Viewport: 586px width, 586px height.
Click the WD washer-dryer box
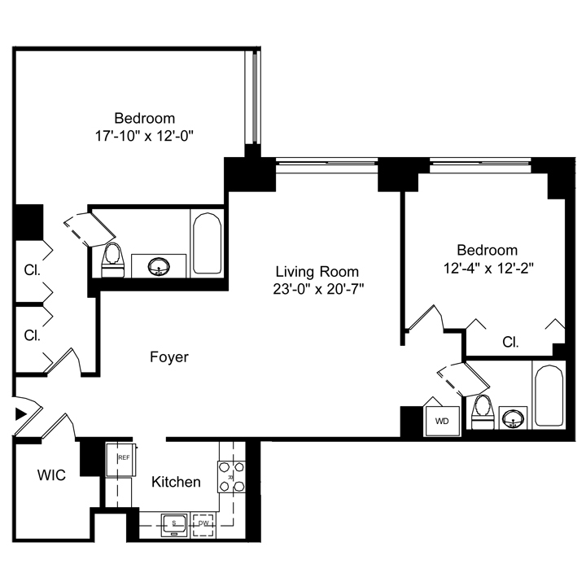[443, 421]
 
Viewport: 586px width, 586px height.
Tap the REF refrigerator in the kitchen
[121, 459]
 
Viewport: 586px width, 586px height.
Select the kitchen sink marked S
[174, 525]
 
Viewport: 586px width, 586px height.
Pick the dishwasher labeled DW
[203, 525]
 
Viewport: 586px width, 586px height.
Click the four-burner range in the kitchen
[231, 476]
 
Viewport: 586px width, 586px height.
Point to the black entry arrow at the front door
[21, 413]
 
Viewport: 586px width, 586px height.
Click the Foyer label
[169, 357]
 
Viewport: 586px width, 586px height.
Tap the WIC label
[51, 475]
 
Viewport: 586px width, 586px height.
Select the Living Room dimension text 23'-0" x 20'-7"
[318, 289]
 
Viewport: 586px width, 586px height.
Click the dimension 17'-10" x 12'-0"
[144, 136]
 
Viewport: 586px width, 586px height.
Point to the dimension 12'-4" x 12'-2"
[488, 268]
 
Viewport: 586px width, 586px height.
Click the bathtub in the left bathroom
[207, 243]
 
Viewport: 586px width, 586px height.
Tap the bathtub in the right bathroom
[549, 396]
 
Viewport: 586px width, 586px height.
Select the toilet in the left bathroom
[112, 260]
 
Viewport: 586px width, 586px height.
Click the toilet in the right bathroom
[483, 412]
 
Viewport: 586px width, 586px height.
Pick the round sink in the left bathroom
[159, 266]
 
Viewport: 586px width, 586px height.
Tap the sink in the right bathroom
[513, 418]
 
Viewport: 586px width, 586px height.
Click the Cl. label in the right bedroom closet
[510, 342]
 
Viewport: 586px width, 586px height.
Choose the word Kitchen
[176, 482]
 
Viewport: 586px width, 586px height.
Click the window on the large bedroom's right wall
[252, 96]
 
